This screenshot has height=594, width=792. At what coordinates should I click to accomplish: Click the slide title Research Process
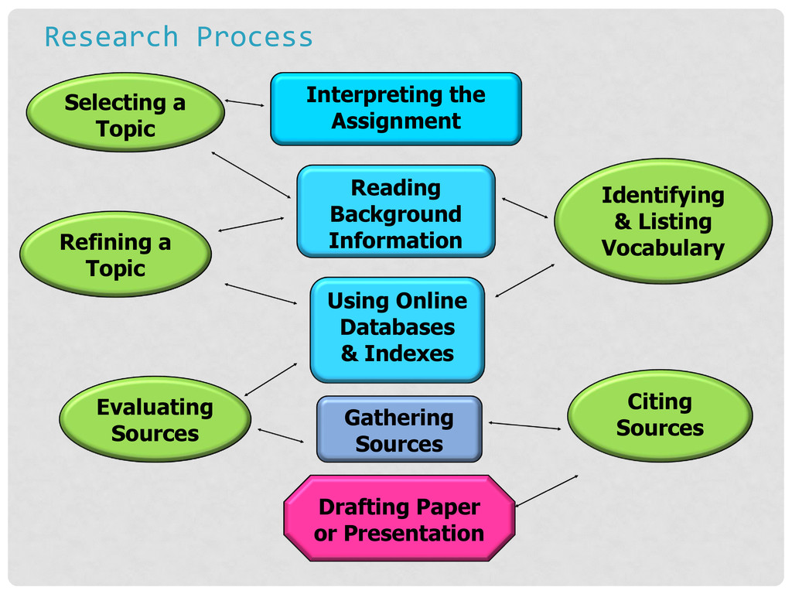pyautogui.click(x=179, y=36)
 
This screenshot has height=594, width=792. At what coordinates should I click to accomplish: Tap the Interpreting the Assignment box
pyautogui.click(x=395, y=108)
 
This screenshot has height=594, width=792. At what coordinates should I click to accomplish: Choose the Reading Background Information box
pyautogui.click(x=395, y=211)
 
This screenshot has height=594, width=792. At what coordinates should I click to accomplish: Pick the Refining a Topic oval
pyautogui.click(x=115, y=254)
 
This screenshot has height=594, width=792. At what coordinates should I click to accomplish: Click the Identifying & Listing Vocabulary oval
pyautogui.click(x=663, y=221)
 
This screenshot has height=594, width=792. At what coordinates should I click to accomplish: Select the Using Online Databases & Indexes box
pyautogui.click(x=397, y=329)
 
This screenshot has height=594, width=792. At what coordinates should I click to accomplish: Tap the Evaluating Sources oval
pyautogui.click(x=155, y=419)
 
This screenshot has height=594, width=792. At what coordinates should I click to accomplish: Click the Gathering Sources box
pyautogui.click(x=399, y=429)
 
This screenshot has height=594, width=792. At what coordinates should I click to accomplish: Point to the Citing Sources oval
pyautogui.click(x=660, y=415)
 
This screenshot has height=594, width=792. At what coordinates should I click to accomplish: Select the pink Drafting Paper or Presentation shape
pyautogui.click(x=399, y=518)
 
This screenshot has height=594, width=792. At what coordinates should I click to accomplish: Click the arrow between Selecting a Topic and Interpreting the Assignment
pyautogui.click(x=244, y=103)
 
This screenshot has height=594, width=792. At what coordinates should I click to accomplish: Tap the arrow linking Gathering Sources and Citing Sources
pyautogui.click(x=524, y=425)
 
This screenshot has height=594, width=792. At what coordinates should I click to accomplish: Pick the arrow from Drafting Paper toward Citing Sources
pyautogui.click(x=547, y=490)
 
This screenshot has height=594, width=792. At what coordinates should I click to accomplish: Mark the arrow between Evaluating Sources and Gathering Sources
pyautogui.click(x=281, y=435)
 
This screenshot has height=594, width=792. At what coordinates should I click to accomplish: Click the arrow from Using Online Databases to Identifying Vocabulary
pyautogui.click(x=525, y=280)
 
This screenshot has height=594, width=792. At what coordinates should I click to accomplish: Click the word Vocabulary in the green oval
pyautogui.click(x=663, y=248)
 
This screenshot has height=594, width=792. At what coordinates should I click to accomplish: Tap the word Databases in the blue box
pyautogui.click(x=398, y=327)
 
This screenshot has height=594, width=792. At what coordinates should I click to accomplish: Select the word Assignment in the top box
pyautogui.click(x=396, y=121)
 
